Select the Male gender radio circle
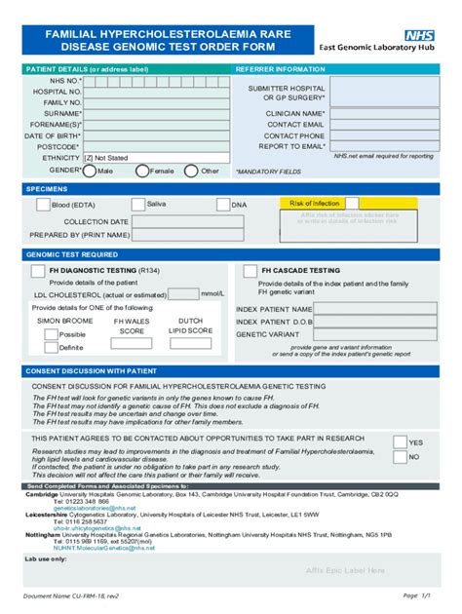pyautogui.click(x=90, y=171)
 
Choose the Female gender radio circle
pyautogui.click(x=142, y=171)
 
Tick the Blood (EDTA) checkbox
pyautogui.click(x=43, y=205)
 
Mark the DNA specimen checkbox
pyautogui.click(x=223, y=205)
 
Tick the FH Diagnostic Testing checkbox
pyautogui.click(x=38, y=270)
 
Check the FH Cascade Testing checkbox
pyautogui.click(x=251, y=270)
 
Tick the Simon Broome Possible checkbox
pyautogui.click(x=51, y=334)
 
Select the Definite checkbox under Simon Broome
pyautogui.click(x=51, y=347)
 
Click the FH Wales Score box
pyautogui.click(x=132, y=343)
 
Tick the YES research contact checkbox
pyautogui.click(x=400, y=441)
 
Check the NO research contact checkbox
pyautogui.click(x=400, y=456)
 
